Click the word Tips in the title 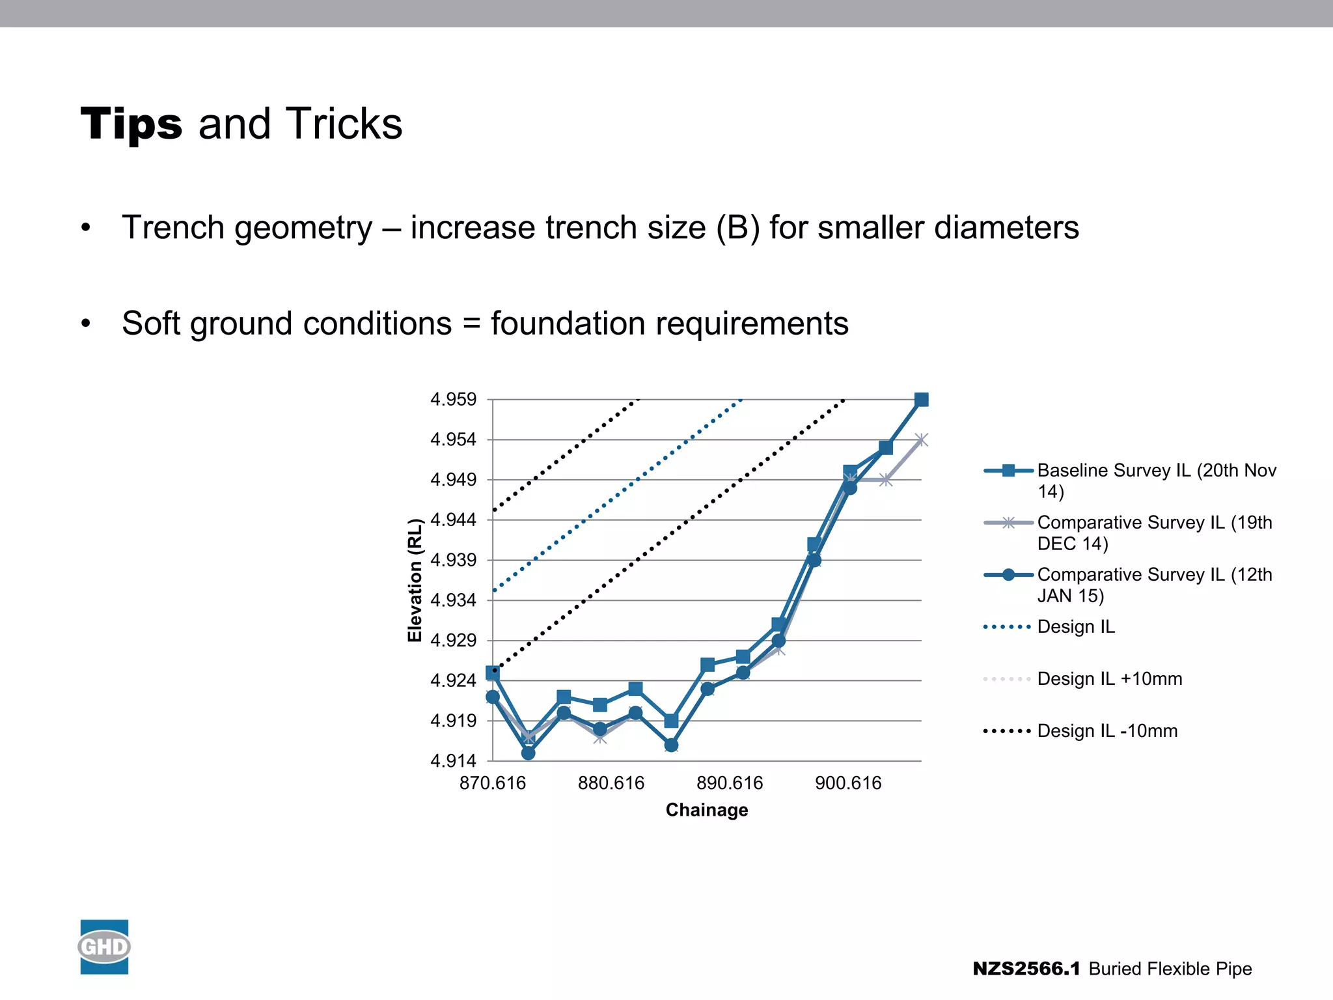click(131, 124)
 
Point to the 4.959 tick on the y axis click(454, 399)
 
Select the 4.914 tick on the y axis click(454, 760)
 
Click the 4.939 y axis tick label click(454, 560)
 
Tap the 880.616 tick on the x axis click(611, 783)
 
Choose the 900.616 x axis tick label click(848, 783)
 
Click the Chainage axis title click(707, 810)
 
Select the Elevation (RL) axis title click(415, 580)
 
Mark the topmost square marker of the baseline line click(921, 400)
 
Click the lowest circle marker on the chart click(529, 753)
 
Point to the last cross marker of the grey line click(921, 441)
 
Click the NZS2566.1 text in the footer click(1026, 969)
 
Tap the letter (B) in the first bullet click(737, 228)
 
